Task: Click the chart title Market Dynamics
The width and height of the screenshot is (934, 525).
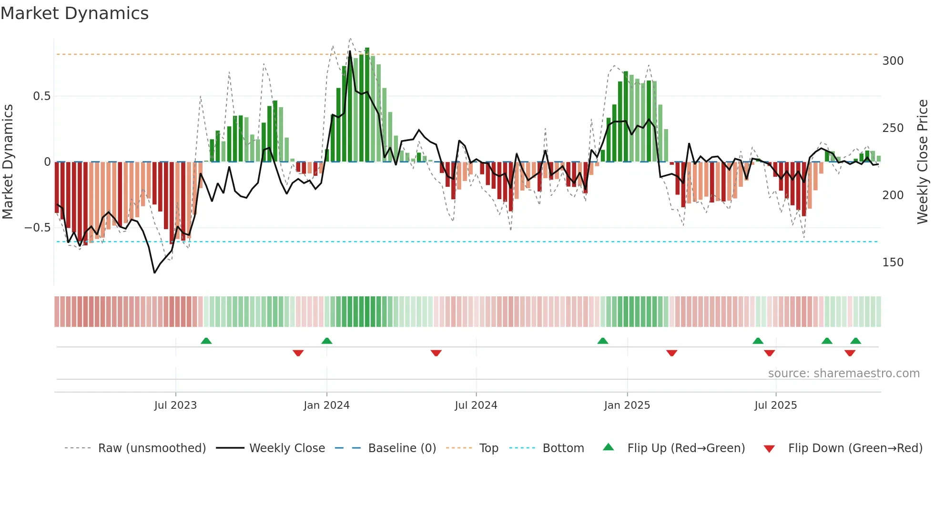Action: [x=74, y=13]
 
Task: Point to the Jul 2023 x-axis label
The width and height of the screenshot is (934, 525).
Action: [x=175, y=405]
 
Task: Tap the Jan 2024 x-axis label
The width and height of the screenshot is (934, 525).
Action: [x=326, y=405]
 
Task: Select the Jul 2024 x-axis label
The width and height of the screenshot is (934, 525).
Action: [x=476, y=405]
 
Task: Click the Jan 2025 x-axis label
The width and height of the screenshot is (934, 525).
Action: [x=627, y=405]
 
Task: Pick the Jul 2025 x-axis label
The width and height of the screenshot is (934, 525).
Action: [x=775, y=405]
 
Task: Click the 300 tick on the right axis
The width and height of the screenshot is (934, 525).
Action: [x=893, y=61]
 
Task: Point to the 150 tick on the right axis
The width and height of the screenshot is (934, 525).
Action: [x=893, y=262]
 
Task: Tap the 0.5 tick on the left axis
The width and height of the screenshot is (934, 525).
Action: [x=41, y=96]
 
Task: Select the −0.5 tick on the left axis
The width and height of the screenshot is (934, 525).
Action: [x=38, y=228]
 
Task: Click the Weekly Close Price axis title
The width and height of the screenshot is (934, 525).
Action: [x=923, y=162]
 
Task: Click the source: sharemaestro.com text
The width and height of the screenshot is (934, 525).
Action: [x=843, y=374]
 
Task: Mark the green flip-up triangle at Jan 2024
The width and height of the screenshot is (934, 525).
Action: [x=326, y=341]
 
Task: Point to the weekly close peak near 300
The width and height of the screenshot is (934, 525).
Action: [x=350, y=51]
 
